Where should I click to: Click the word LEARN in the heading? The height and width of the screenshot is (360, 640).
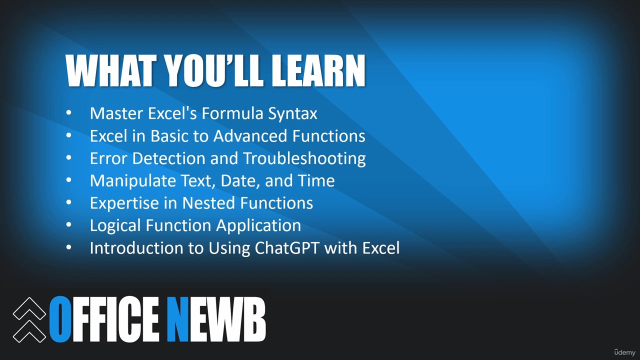(318, 70)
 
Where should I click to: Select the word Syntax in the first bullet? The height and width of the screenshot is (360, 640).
(292, 114)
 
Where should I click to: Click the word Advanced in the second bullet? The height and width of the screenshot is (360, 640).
(250, 135)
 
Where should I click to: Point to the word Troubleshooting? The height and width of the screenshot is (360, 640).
(304, 159)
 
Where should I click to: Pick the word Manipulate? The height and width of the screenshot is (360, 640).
(133, 181)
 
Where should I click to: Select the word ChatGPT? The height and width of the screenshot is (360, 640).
(286, 247)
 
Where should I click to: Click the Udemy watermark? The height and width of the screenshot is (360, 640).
(625, 352)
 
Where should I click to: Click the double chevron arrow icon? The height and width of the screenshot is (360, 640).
(29, 320)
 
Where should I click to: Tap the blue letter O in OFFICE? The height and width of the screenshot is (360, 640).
(60, 319)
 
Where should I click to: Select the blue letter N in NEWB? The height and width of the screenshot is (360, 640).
(177, 319)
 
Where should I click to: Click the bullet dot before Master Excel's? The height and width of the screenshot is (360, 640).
(68, 113)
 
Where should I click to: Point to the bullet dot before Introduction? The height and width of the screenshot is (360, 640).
(68, 247)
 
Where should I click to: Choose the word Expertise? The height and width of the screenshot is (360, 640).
(124, 203)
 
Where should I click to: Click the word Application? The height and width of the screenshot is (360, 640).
(258, 225)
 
